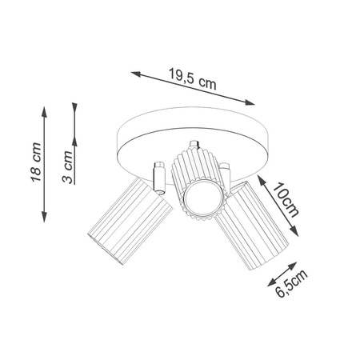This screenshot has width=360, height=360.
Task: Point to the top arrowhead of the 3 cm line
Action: point(74,105)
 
